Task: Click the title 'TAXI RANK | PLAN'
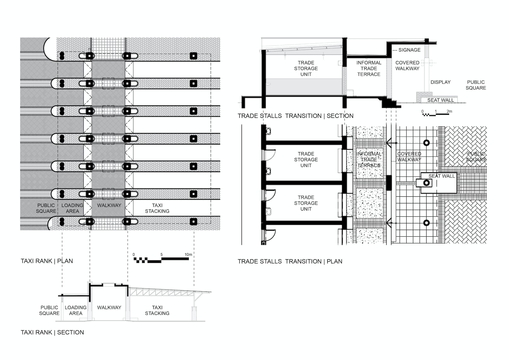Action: click(x=47, y=261)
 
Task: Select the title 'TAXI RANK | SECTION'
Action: click(x=52, y=332)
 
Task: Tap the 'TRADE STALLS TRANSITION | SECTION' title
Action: click(x=295, y=116)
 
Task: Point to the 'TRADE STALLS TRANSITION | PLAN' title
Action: click(x=290, y=261)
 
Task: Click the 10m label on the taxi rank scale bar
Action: click(x=188, y=255)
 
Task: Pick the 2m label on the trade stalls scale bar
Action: click(x=449, y=112)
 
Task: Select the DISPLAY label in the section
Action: click(x=441, y=82)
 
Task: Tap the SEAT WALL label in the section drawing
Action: click(x=441, y=100)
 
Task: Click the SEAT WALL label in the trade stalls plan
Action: click(x=441, y=176)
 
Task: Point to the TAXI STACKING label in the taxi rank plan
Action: click(x=157, y=208)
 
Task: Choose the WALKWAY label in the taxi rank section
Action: click(x=109, y=308)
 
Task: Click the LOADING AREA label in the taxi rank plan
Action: click(x=72, y=208)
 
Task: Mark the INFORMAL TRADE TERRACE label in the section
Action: click(x=369, y=68)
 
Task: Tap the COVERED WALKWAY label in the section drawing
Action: click(x=408, y=65)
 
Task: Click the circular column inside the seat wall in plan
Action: click(x=426, y=183)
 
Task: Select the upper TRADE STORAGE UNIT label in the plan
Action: click(x=306, y=159)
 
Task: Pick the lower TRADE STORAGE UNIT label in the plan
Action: click(x=306, y=203)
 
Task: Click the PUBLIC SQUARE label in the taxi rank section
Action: click(x=49, y=310)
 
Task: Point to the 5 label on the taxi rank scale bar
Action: click(x=161, y=255)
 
